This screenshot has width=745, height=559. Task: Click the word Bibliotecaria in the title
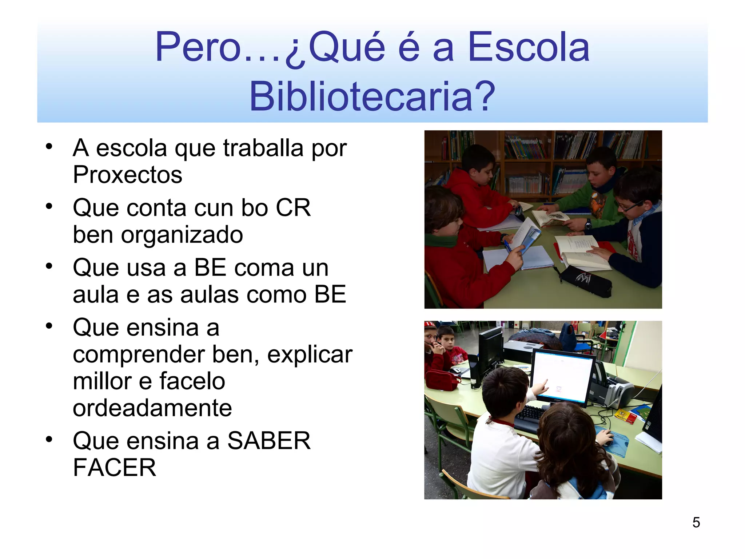[x=372, y=96]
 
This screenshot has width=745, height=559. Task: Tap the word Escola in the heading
[x=529, y=47]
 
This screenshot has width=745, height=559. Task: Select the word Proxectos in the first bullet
[x=127, y=175]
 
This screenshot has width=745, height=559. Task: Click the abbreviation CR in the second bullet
[x=293, y=208]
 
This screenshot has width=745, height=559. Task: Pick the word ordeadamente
[x=152, y=408]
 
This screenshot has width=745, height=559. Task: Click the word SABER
[x=269, y=441]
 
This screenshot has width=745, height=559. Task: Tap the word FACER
[x=114, y=468]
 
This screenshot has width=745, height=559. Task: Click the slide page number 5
[x=696, y=523]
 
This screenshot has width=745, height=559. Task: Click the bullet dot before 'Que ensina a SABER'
[x=49, y=439]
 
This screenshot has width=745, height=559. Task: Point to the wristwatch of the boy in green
[x=588, y=225]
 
